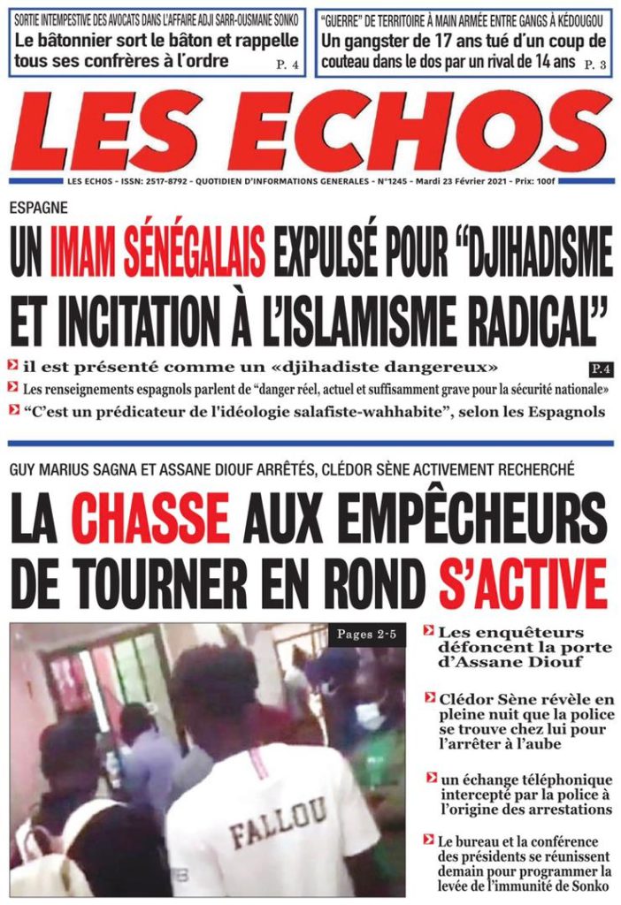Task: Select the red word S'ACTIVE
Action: pos(522,584)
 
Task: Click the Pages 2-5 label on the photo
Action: pos(369,635)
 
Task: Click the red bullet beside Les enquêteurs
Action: pos(429,631)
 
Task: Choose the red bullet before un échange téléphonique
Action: pos(431,777)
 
